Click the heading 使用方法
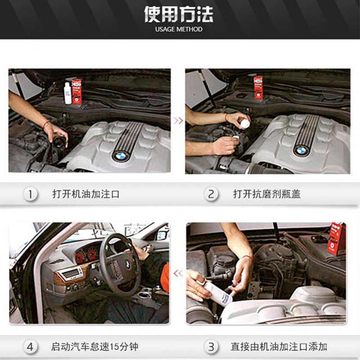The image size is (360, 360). click(x=179, y=14)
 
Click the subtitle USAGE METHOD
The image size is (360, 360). click(x=179, y=29)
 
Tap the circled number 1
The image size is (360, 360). click(x=30, y=194)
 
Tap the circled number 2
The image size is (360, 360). click(x=211, y=194)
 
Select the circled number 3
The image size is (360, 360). click(x=211, y=346)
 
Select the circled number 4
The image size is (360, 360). click(x=30, y=346)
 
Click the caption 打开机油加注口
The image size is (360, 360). click(x=86, y=194)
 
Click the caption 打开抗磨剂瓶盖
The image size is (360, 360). click(x=267, y=194)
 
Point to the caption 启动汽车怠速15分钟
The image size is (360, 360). click(x=94, y=346)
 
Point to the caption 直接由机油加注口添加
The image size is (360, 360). click(x=279, y=346)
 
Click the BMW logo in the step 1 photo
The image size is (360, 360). click(x=120, y=156)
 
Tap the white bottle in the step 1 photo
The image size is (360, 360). click(x=68, y=93)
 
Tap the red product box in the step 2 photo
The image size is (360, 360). click(x=258, y=87)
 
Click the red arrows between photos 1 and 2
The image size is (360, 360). click(x=178, y=121)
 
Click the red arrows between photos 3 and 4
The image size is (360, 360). click(x=178, y=274)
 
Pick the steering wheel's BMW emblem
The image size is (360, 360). click(x=128, y=265)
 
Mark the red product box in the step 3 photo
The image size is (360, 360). click(x=337, y=239)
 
